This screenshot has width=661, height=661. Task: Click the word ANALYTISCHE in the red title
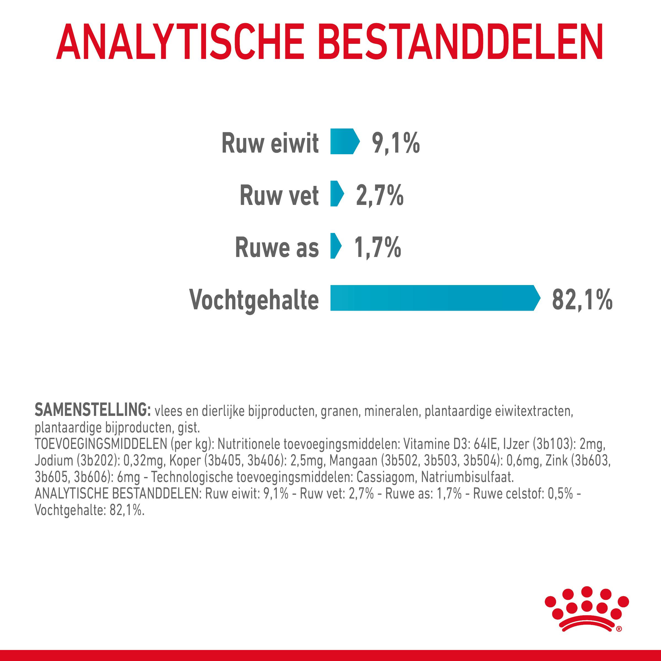tap(180, 42)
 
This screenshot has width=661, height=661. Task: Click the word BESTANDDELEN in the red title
tap(460, 42)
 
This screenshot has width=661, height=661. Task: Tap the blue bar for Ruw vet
tap(336, 194)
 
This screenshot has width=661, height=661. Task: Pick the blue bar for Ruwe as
tap(335, 246)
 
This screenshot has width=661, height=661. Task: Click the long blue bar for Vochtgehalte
tap(433, 298)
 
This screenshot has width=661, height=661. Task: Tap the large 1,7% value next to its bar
tap(377, 247)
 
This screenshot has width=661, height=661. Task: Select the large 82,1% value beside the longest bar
tap(582, 300)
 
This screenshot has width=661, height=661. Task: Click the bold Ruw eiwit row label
tap(270, 143)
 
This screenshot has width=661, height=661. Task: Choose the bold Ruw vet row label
tap(279, 195)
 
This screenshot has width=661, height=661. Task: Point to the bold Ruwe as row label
tap(277, 247)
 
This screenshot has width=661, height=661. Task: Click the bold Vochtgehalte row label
tap(254, 300)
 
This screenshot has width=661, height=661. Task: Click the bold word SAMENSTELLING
tap(92, 410)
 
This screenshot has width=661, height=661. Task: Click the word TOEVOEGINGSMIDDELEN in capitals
tap(101, 444)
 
